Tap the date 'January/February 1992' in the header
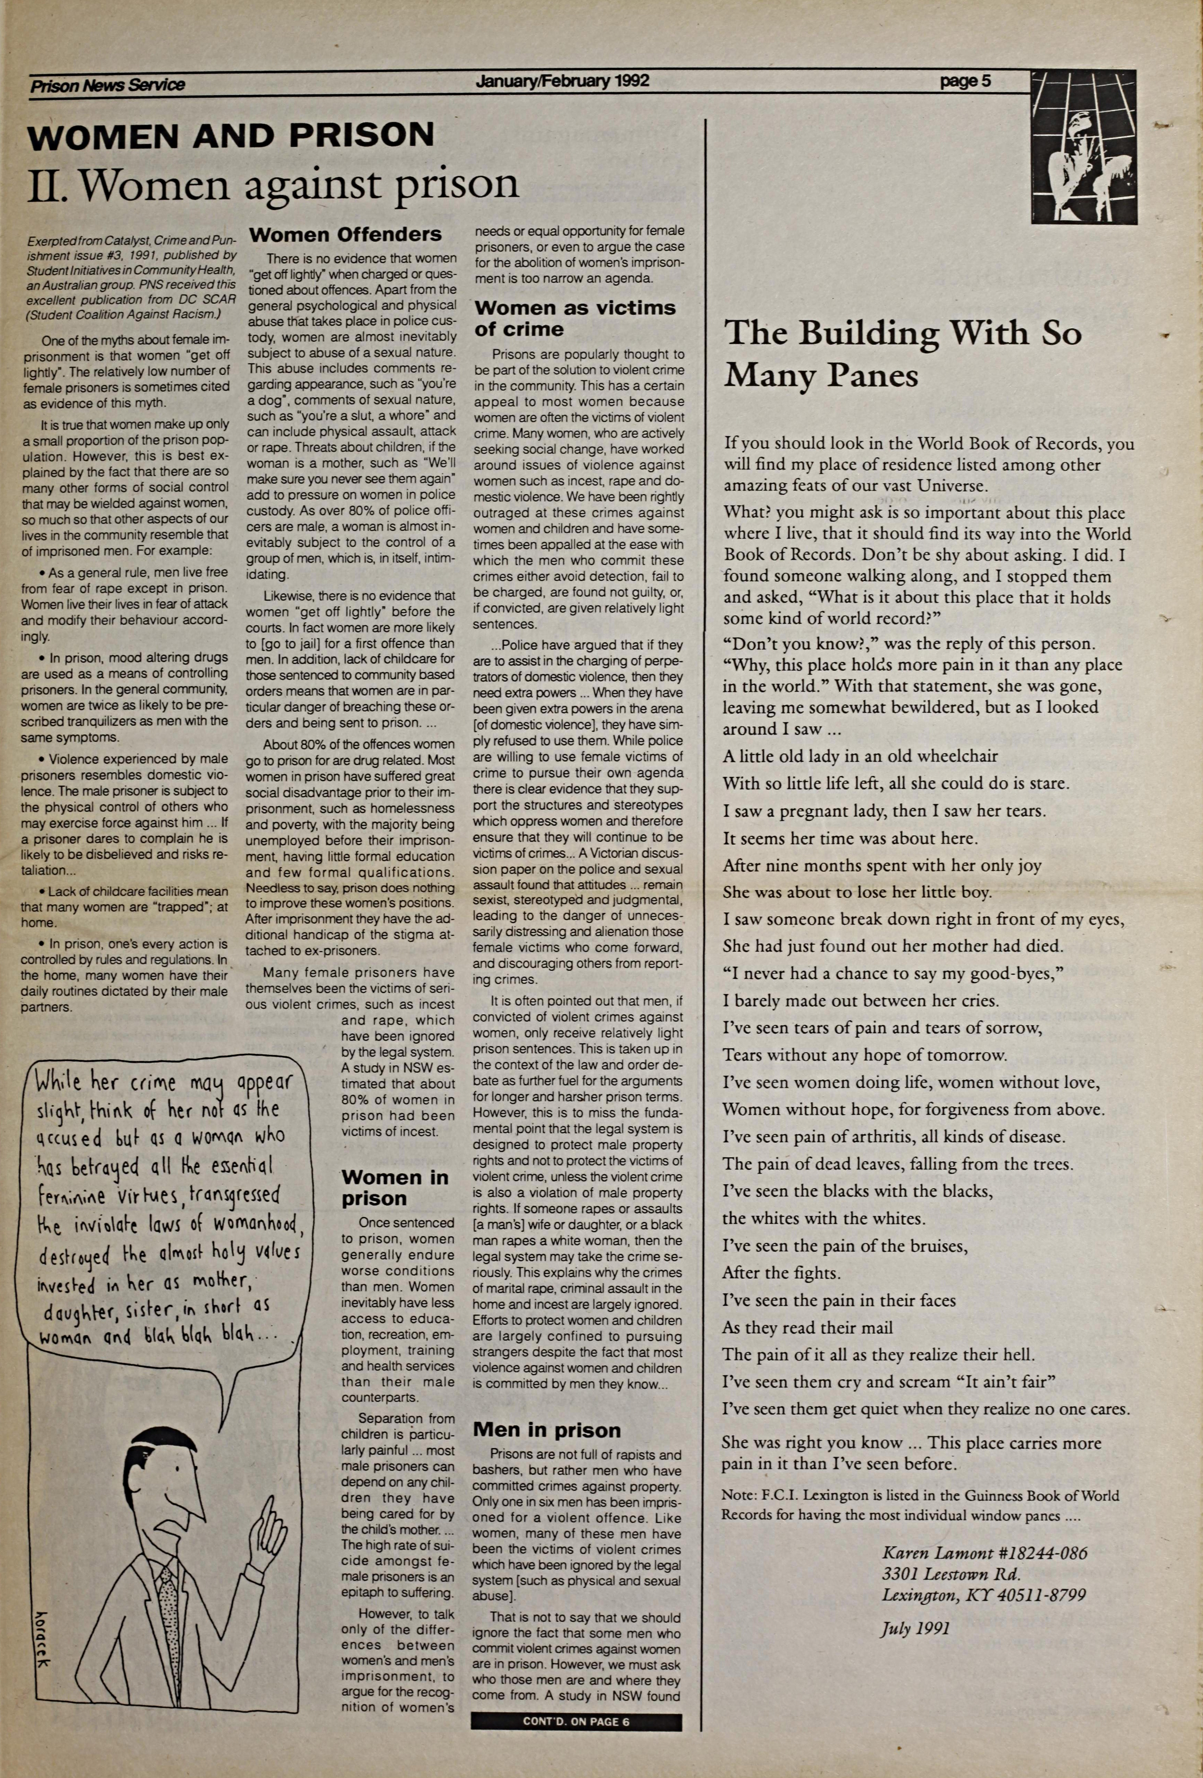[x=562, y=81]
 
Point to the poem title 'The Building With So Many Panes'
[x=903, y=354]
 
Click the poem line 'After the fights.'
[x=781, y=1273]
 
